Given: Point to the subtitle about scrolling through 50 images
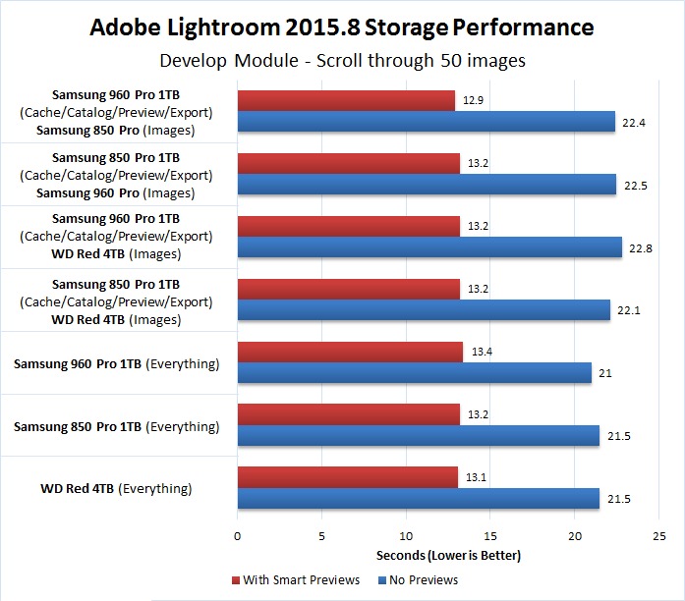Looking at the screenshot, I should point(342,60).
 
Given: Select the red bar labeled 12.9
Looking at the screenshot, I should point(346,100).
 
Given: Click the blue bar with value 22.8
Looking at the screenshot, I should point(429,246).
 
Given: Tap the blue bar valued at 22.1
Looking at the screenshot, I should point(424,309).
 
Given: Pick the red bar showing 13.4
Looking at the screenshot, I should point(350,352).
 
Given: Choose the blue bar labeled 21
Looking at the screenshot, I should point(415,372).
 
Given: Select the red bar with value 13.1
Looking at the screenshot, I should point(348,477).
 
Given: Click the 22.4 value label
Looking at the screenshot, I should point(631,122).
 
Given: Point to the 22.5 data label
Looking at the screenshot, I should point(632,185).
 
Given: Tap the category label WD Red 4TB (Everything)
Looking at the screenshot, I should point(116,488).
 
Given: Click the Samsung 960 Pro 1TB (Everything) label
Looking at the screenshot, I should point(116,363).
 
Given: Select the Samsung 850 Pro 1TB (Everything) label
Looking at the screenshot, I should point(116,426).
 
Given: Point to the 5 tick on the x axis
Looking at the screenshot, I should point(321,536).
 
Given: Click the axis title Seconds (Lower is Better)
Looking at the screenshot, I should point(448,556).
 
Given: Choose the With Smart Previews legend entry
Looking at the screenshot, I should point(294,579).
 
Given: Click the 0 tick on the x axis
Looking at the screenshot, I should point(237,536).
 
